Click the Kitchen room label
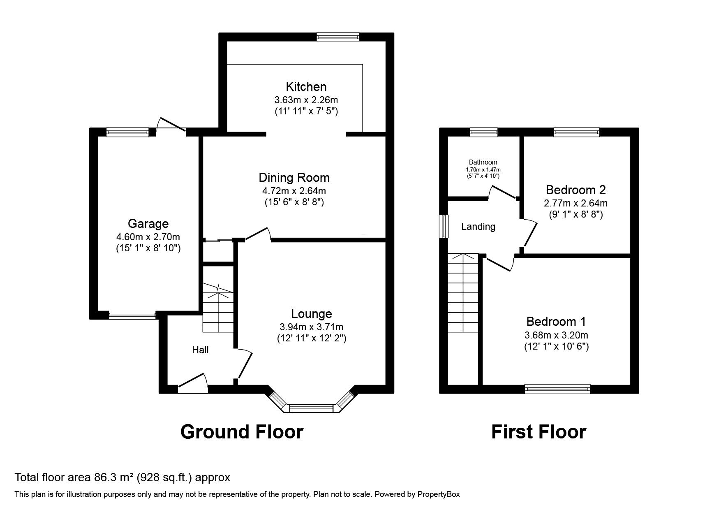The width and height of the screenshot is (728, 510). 306,87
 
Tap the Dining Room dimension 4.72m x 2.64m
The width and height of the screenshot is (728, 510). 294,191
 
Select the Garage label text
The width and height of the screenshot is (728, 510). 148,224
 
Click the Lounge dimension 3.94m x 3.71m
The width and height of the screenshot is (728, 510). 311,327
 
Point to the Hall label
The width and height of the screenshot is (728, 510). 200,350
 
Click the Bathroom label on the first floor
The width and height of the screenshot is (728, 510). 483,162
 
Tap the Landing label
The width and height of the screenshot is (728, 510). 478,227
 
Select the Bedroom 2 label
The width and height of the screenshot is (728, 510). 575,190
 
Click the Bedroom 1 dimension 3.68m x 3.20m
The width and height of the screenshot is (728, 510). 556,335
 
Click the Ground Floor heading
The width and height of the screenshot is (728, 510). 242,432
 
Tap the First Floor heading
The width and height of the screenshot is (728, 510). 538,432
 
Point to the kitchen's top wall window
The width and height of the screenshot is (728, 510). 338,37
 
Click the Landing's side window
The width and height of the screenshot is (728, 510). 444,226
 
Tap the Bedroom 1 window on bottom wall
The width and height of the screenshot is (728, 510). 557,389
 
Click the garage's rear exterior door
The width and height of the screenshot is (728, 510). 171,125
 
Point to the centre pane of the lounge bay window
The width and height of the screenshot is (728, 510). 311,408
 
